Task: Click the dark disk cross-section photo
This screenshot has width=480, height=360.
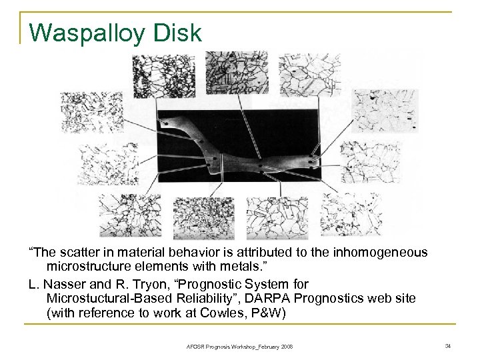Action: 240,147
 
